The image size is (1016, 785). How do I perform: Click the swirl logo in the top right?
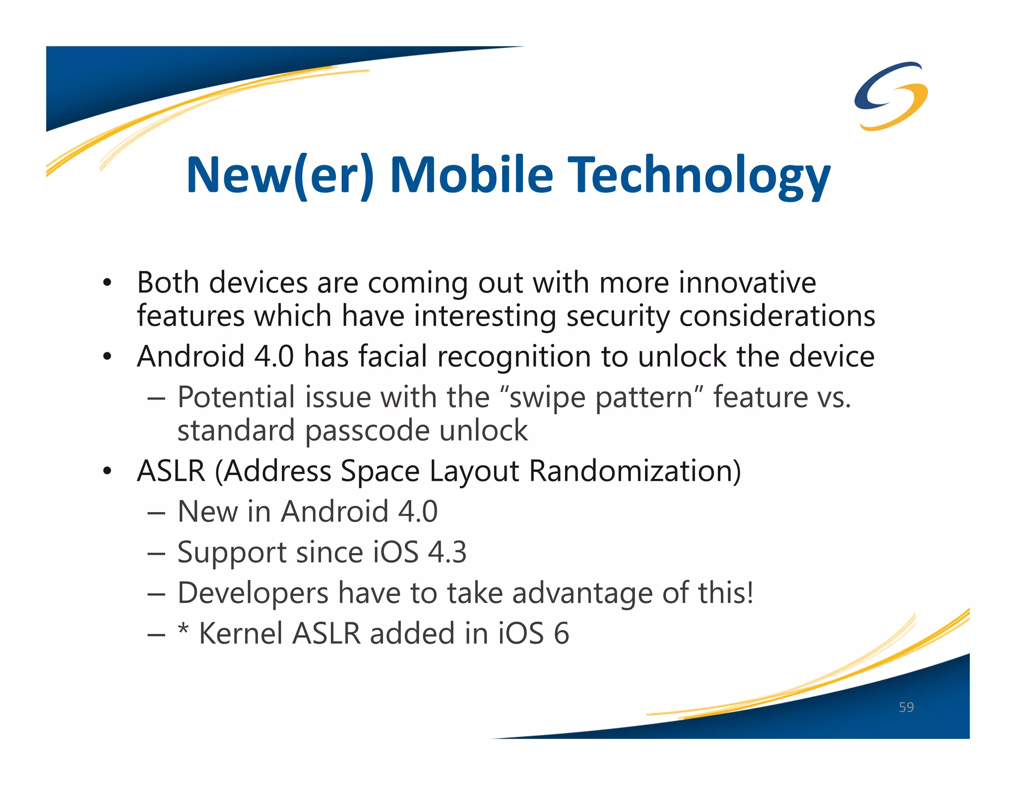click(891, 95)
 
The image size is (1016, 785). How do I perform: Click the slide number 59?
click(906, 707)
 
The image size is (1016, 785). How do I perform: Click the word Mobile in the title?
click(471, 175)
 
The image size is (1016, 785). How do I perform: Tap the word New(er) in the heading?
click(280, 176)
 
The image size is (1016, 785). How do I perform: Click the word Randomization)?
click(635, 470)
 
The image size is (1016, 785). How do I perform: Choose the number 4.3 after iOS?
click(447, 552)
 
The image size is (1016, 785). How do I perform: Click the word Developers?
click(253, 593)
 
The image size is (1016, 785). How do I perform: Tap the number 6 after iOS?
click(561, 634)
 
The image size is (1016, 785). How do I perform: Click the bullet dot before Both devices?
click(107, 283)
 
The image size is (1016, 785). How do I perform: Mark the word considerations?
click(777, 317)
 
